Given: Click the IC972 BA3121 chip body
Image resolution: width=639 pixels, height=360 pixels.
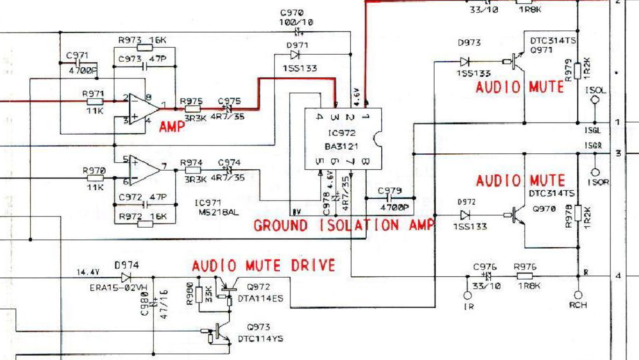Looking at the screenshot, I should click(x=343, y=139).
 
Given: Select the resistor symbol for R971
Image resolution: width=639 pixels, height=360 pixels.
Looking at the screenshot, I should click(x=95, y=101).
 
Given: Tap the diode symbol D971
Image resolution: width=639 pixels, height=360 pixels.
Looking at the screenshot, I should click(x=295, y=55).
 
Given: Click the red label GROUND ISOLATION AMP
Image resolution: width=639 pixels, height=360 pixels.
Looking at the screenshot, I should click(x=344, y=225).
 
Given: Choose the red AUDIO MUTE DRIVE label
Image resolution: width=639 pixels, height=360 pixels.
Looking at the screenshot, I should click(x=264, y=266).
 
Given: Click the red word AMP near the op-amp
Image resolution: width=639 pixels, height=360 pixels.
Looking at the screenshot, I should click(x=172, y=127).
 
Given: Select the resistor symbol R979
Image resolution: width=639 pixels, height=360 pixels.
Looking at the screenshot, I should click(x=578, y=70).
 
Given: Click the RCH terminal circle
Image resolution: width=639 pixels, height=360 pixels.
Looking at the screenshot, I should click(x=578, y=295).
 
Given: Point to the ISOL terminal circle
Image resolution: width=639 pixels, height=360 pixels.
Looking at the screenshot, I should click(x=595, y=100).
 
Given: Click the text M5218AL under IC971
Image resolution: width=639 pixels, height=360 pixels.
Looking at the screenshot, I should click(x=217, y=212).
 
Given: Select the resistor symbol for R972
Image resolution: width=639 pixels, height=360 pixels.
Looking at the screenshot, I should click(x=145, y=224).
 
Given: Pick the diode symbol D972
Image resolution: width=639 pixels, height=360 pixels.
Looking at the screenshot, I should click(x=465, y=215).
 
